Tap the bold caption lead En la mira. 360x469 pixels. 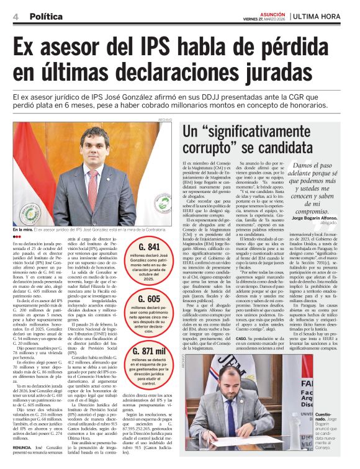23,230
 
